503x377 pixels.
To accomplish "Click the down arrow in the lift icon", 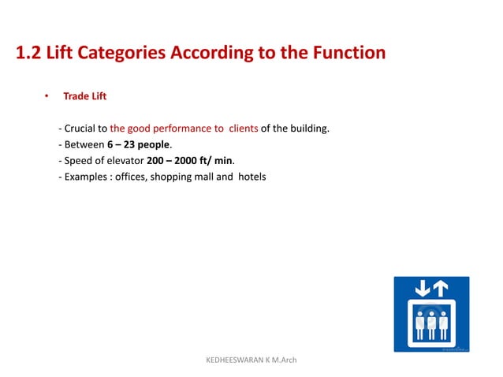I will pos(423,289).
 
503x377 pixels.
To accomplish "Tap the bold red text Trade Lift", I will pos(84,97).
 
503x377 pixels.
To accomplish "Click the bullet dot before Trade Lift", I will pos(47,97).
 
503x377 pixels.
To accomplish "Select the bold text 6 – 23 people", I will pos(139,144).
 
